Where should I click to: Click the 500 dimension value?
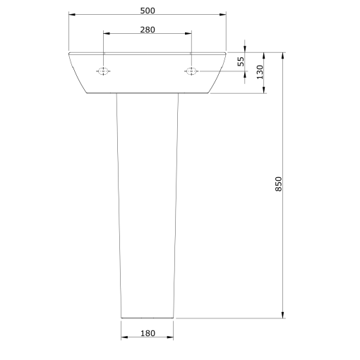tap(148, 11)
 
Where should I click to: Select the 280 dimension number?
tap(148, 30)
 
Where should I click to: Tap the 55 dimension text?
tap(241, 61)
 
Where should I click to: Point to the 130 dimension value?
tap(260, 72)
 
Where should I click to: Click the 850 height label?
tap(278, 184)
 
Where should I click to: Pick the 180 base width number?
tap(148, 333)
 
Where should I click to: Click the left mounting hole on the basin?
tap(103, 71)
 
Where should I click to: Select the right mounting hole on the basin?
tap(191, 71)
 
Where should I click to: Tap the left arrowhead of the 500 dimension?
tap(72, 14)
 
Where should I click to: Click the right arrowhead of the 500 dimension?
tap(222, 14)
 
